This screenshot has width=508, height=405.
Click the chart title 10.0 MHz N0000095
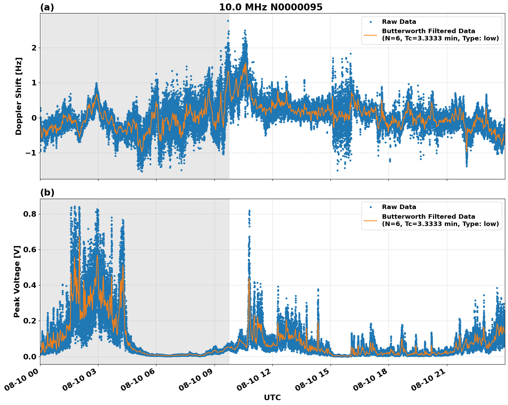point(270,7)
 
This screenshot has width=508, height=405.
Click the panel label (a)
point(47,7)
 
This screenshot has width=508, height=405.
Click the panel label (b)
point(47,193)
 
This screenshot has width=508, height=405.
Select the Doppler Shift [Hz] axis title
point(19,96)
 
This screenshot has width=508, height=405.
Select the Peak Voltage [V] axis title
point(17,281)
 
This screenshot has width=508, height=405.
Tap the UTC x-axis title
point(272,397)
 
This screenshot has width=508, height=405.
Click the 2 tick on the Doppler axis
point(34,48)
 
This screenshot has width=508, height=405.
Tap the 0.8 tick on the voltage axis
point(30,214)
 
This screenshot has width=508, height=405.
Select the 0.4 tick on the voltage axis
point(30,285)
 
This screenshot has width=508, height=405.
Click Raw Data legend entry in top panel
point(399,22)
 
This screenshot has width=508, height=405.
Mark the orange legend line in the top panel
point(371,35)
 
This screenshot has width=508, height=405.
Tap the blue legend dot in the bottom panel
point(371,207)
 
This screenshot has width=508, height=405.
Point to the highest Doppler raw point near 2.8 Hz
point(228,21)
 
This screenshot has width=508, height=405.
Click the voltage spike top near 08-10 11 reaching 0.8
point(249,210)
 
